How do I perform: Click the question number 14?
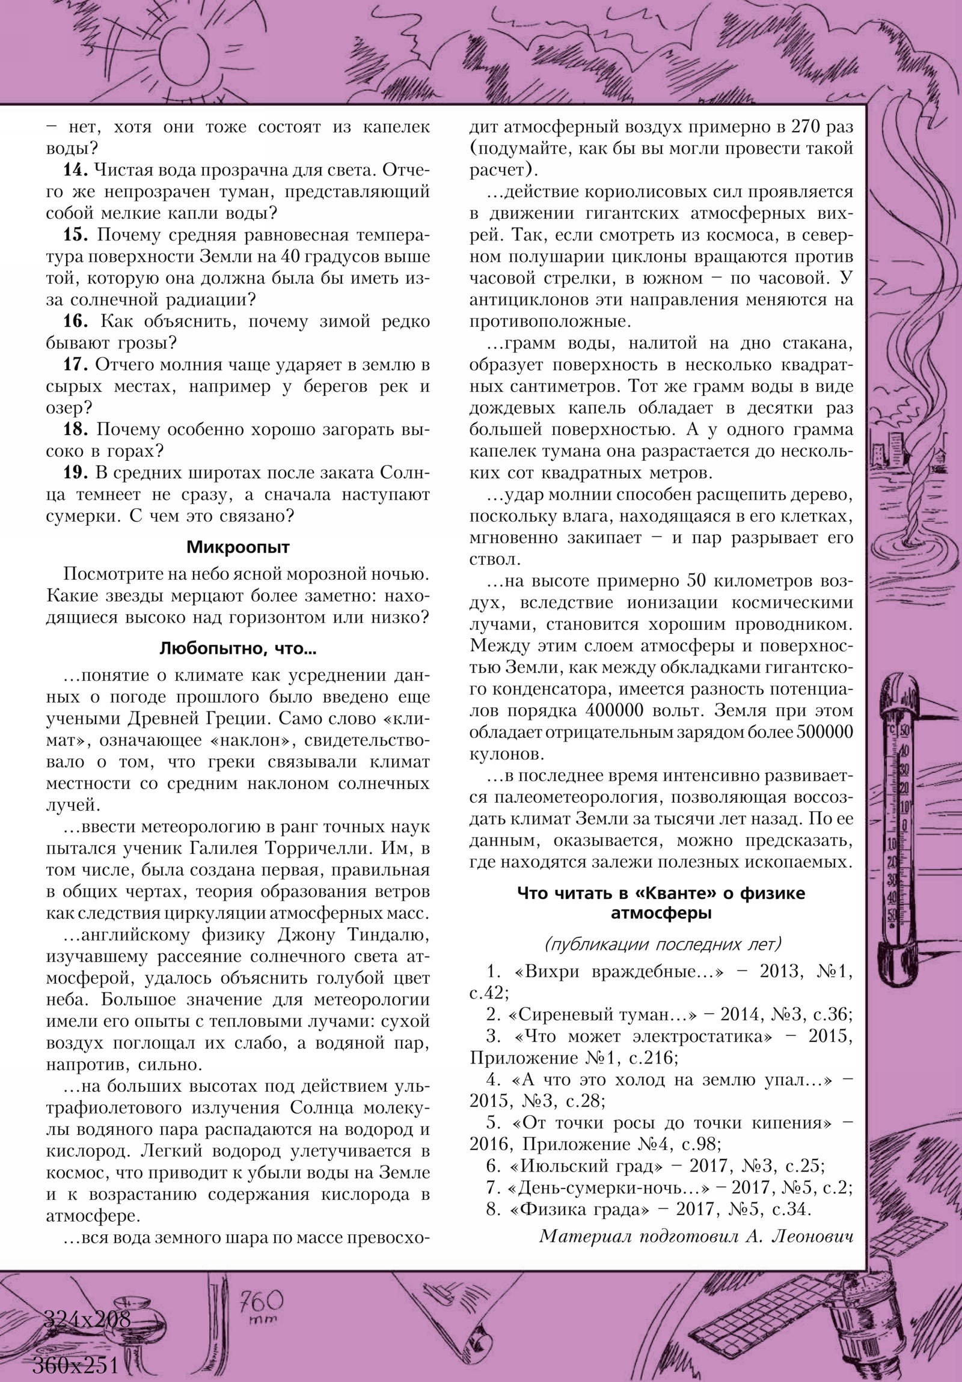(75, 171)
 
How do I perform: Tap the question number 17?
(75, 365)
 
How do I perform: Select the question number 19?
(75, 473)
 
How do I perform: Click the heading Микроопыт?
(238, 547)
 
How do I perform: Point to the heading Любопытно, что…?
(238, 649)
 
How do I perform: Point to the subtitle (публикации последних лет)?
(661, 944)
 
